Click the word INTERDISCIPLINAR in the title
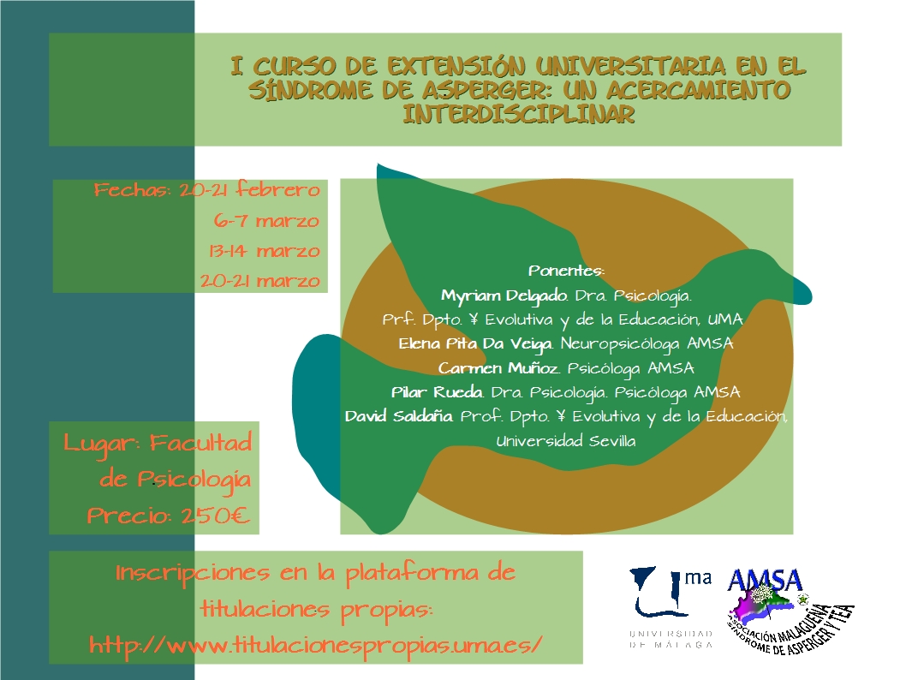point(518,113)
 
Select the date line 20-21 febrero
point(249,189)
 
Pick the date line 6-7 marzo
point(266,220)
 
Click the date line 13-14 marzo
point(264,251)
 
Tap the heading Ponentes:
point(566,271)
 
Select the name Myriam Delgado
point(504,296)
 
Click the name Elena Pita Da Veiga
point(475,344)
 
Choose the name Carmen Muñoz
point(498,368)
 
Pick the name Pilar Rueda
point(437,392)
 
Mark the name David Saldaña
point(399,416)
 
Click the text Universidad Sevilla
point(566,441)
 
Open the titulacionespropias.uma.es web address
point(315,644)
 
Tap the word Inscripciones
point(193,574)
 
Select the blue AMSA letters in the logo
point(765,580)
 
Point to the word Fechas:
point(133,189)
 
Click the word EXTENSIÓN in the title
point(456,66)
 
